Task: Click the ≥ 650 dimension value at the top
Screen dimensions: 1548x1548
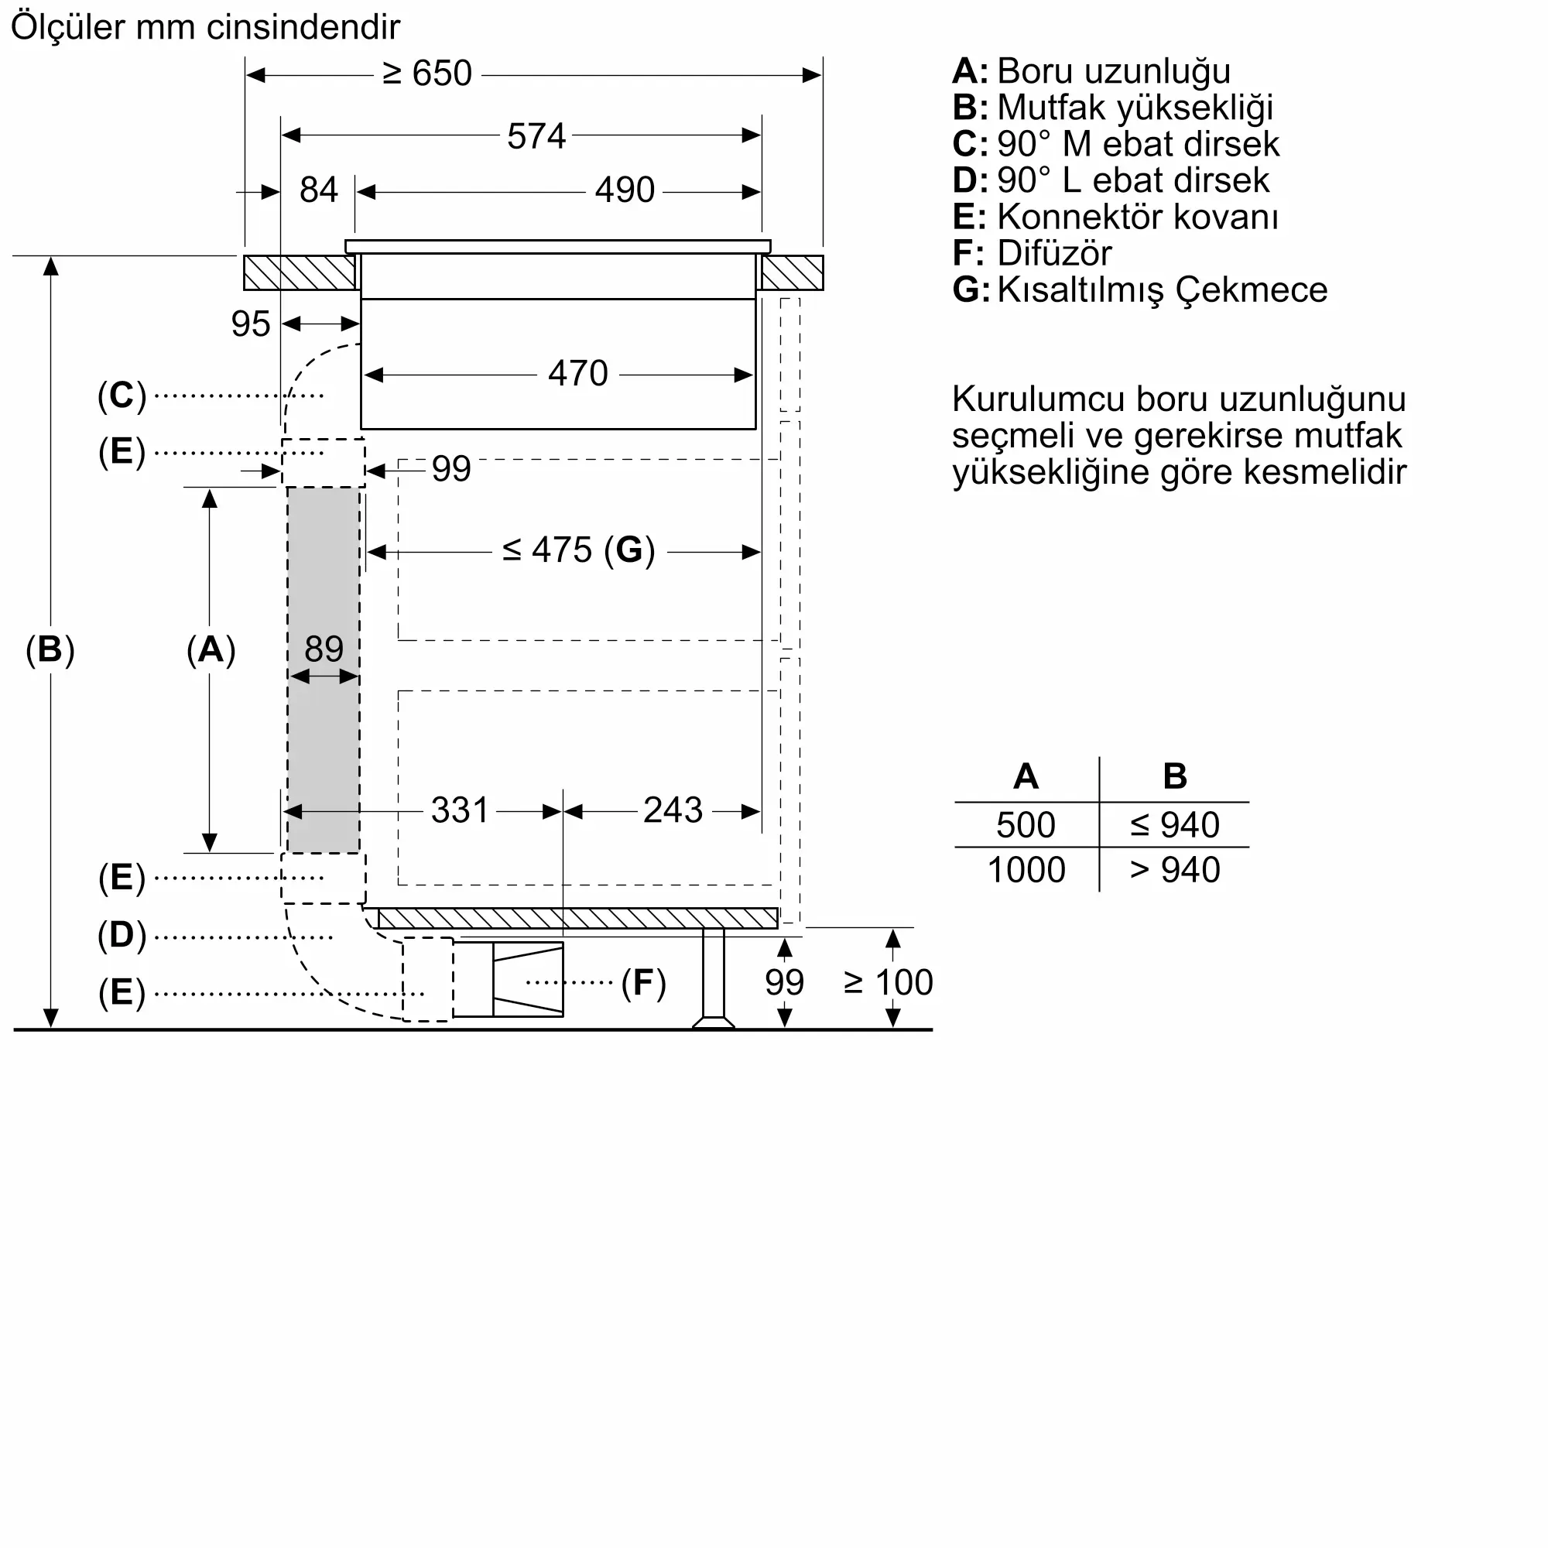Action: tap(427, 74)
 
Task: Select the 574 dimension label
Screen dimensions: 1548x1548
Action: tap(536, 136)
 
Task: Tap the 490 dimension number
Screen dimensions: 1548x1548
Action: tap(624, 190)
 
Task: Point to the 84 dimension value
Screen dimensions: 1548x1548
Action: tap(318, 190)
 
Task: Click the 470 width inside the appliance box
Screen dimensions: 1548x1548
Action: tap(577, 373)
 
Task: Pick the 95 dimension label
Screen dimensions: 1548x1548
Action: tap(251, 324)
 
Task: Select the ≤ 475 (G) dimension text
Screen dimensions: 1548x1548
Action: tap(578, 550)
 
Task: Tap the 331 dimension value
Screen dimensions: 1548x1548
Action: tap(459, 810)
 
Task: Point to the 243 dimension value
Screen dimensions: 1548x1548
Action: tap(673, 810)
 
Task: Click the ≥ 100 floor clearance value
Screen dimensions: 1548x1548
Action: tap(888, 982)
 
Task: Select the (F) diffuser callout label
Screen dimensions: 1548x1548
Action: tap(643, 982)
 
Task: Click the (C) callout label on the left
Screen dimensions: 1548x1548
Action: tap(122, 396)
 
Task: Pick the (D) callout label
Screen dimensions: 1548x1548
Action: tap(122, 935)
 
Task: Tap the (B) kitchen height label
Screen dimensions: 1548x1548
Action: tap(50, 649)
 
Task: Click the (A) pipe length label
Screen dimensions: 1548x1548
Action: tap(211, 649)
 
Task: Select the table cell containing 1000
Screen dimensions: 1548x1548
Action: tap(1026, 870)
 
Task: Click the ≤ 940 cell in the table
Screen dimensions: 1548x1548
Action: tap(1174, 825)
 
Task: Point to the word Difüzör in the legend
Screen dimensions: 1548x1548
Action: tap(1053, 254)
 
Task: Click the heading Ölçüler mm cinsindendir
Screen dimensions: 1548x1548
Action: tap(205, 27)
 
